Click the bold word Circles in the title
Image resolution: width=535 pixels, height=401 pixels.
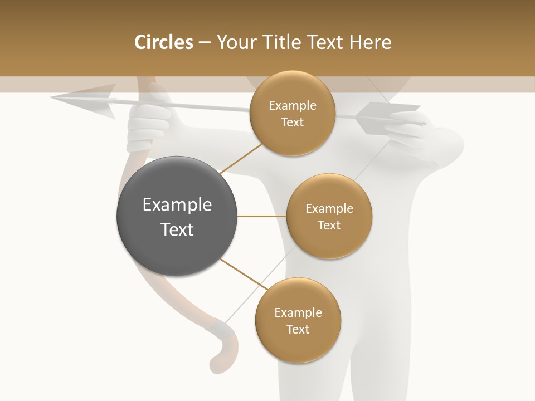click(x=163, y=42)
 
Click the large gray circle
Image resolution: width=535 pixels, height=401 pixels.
click(x=177, y=216)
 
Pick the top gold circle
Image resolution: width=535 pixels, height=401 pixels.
click(x=292, y=114)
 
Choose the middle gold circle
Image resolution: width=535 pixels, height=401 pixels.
click(x=329, y=216)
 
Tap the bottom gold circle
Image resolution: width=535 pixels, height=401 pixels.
click(x=298, y=320)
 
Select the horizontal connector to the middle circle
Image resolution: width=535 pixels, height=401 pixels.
click(x=261, y=216)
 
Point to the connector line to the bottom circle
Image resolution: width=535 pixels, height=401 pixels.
click(x=244, y=274)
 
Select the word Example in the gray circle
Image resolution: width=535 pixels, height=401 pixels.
click(x=177, y=204)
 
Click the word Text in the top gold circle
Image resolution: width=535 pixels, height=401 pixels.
click(x=292, y=123)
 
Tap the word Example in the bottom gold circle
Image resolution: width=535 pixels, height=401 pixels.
click(x=298, y=312)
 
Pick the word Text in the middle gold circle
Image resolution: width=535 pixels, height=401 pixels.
click(x=329, y=225)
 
